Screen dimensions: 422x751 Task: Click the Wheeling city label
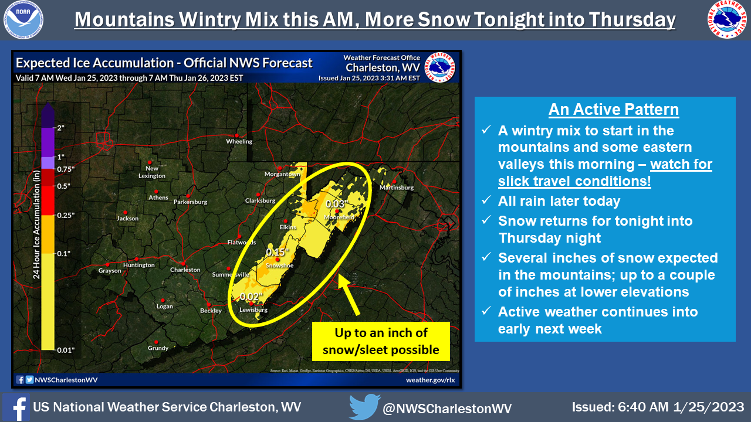click(239, 141)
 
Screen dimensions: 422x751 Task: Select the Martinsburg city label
click(396, 188)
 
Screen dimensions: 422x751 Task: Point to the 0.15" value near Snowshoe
click(279, 252)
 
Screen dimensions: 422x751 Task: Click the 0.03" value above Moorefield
click(337, 203)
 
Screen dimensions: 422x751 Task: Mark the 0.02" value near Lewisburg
click(250, 296)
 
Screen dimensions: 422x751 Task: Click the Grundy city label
click(158, 348)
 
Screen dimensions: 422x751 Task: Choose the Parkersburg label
click(191, 202)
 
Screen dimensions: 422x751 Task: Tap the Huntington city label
click(139, 265)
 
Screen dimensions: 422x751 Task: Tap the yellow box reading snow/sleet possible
click(381, 341)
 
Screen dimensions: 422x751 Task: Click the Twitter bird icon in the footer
click(364, 407)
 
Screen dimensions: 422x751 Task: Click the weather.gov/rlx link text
click(430, 380)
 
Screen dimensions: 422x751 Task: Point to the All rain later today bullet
click(559, 201)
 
